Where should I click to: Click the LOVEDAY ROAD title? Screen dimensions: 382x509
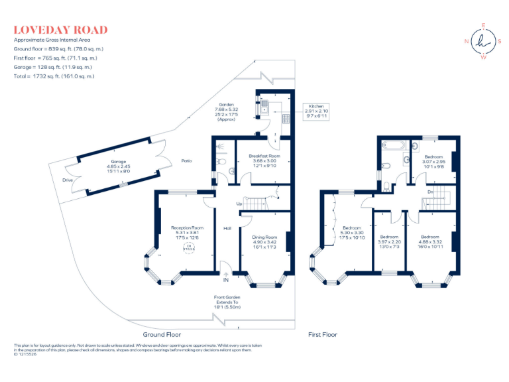[x=60, y=30]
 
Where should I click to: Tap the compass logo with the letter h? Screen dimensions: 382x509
[x=483, y=41]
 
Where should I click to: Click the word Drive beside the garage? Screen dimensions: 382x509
[x=67, y=180]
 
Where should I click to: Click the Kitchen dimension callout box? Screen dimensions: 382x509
[x=315, y=111]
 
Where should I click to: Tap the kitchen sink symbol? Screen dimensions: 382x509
[x=264, y=105]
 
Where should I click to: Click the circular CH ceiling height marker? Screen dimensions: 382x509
[x=188, y=248]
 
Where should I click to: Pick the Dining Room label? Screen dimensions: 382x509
[x=264, y=237]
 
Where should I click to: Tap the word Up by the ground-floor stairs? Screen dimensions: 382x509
[x=239, y=204]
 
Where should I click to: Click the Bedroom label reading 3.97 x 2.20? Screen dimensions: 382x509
[x=389, y=237]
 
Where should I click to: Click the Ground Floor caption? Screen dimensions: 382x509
[x=162, y=335]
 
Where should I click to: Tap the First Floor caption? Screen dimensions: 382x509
[x=322, y=335]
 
